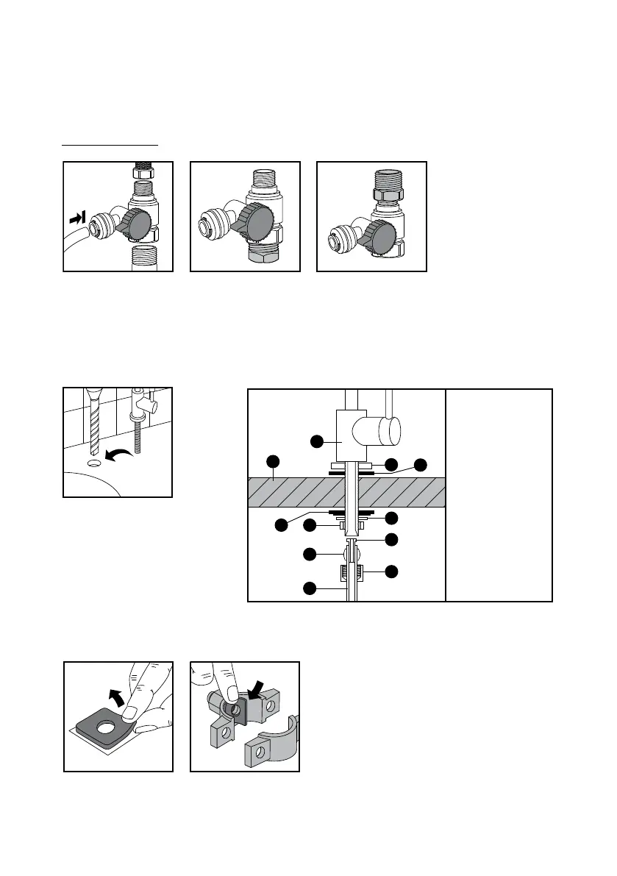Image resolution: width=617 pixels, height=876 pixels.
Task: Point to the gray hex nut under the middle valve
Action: [264, 259]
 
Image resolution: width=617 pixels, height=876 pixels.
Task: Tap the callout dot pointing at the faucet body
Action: [316, 441]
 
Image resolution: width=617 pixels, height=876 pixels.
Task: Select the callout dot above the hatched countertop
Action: [273, 462]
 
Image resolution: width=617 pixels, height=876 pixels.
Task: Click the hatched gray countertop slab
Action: [294, 491]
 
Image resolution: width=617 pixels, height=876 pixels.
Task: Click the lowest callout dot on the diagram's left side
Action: [310, 588]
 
